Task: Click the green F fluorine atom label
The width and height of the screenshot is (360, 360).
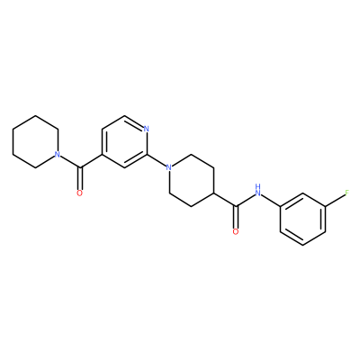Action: (x=347, y=193)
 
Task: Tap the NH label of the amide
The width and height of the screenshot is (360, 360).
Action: (x=257, y=190)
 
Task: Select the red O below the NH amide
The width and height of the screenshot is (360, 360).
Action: (x=236, y=232)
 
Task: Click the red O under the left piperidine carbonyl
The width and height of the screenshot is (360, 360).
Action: (x=79, y=193)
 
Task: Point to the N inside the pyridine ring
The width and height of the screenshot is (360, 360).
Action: (x=147, y=129)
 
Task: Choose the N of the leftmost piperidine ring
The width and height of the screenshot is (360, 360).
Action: (x=57, y=155)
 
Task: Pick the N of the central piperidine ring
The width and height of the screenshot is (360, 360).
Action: (x=169, y=167)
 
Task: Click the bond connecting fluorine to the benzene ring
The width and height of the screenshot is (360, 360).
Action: (x=335, y=200)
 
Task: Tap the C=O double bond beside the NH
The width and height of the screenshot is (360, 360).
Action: (x=236, y=217)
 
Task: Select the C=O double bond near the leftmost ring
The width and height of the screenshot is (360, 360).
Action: (x=79, y=178)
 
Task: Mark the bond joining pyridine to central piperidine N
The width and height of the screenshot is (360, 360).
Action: (x=157, y=161)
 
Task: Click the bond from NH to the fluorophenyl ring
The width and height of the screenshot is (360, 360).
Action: (x=271, y=200)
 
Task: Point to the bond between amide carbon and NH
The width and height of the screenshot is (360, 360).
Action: (x=245, y=200)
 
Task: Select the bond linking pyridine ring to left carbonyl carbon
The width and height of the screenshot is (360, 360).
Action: (x=91, y=161)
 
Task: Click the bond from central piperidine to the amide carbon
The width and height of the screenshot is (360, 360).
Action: (x=225, y=200)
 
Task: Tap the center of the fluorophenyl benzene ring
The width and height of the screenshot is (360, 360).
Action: (x=302, y=219)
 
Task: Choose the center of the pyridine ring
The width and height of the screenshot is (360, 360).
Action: (x=124, y=141)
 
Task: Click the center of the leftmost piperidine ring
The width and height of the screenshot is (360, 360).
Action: (x=35, y=141)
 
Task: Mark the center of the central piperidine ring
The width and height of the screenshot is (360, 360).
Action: (x=192, y=180)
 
